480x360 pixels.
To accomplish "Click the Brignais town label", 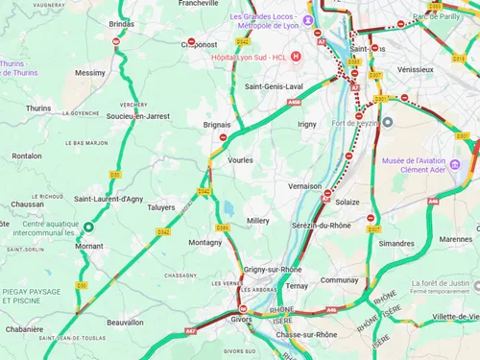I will pos(217,124).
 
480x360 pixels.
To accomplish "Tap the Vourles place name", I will pos(240,160).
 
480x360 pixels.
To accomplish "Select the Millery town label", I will pos(258,221).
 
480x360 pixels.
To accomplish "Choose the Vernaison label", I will pos(304,186).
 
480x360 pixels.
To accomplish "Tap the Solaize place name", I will pos(348,202).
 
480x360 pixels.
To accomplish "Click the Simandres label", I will pos(396,244).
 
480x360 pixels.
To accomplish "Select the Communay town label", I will pos(339,280).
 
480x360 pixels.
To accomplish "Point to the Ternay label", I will pos(297,285).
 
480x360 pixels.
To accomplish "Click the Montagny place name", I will pos(204,243).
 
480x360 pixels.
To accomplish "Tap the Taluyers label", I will pos(160,206).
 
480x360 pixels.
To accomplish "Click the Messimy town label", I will pos(90,72).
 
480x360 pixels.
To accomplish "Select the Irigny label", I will pos(307,124).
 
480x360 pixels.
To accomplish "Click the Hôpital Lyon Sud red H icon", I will pos(296,57).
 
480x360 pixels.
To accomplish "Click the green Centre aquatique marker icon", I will pos(87,227).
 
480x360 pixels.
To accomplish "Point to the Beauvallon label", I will pos(127,323).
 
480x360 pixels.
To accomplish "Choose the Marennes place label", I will pos(455,239).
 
